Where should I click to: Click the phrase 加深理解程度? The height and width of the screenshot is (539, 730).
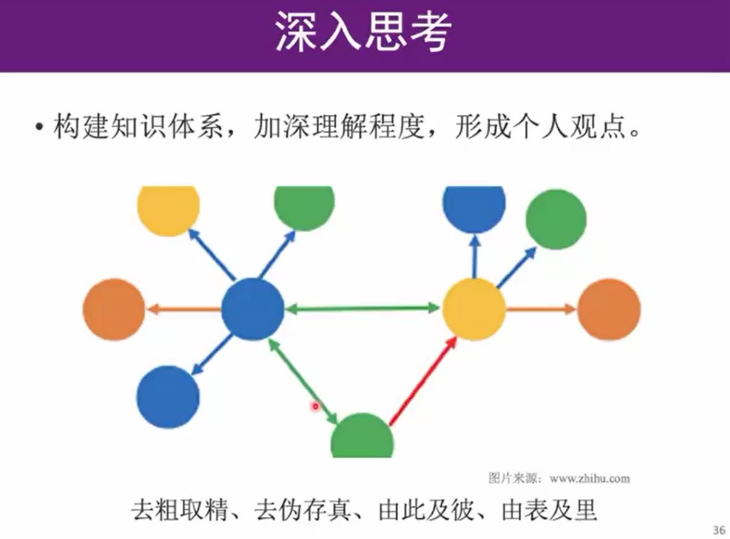[338, 128]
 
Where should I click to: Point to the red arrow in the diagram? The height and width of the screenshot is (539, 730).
[424, 383]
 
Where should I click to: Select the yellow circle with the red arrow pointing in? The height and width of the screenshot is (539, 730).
[474, 309]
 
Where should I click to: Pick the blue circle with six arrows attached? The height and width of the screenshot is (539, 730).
[253, 309]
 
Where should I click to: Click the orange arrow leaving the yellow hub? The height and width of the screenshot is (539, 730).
[541, 309]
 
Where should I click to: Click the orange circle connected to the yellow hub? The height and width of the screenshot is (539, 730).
[608, 309]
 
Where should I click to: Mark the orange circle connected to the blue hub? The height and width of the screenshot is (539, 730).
[114, 309]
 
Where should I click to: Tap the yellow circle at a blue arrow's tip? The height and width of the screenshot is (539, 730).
[168, 209]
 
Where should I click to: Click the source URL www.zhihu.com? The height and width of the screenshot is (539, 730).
[589, 478]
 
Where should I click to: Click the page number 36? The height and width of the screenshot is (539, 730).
[719, 529]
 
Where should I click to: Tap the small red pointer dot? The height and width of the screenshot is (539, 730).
[315, 406]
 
